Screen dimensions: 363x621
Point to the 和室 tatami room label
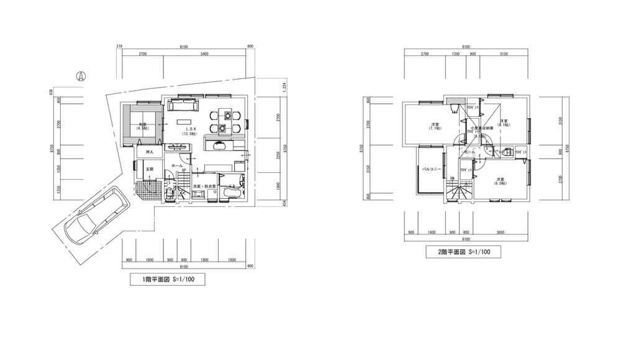pos(143,126)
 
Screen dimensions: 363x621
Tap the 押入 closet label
pos(149,152)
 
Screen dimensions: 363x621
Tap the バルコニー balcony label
pos(431,168)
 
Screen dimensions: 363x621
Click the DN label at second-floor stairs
pos(453,178)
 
